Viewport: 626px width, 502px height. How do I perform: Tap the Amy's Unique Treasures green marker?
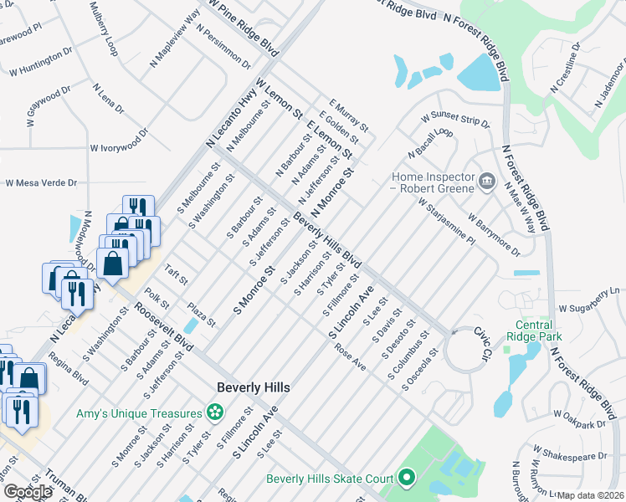(216, 412)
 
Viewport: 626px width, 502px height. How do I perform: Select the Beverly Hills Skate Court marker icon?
(407, 479)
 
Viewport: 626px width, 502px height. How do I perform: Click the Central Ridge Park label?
(534, 330)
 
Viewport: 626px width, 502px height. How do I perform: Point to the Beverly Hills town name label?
(253, 387)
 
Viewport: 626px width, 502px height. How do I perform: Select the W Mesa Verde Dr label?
(41, 182)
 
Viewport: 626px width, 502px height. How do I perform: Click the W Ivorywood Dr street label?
(119, 148)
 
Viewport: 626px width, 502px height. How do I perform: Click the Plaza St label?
(201, 315)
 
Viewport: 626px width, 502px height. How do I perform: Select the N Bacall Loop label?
(430, 144)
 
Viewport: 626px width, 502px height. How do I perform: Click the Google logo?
(28, 493)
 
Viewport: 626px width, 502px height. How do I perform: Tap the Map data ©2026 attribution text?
(591, 495)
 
